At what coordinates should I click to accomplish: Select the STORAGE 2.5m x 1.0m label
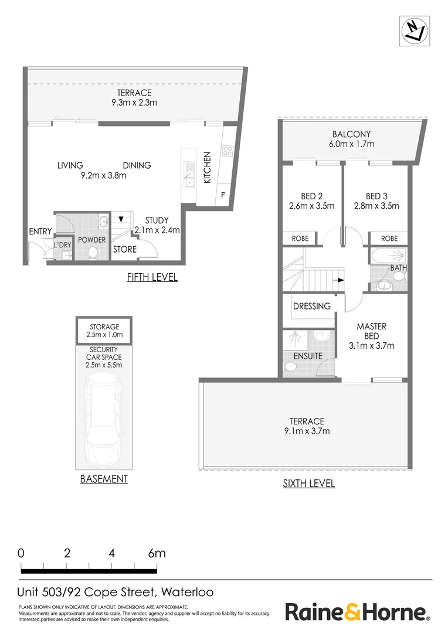(105, 331)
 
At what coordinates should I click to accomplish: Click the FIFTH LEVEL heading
(152, 277)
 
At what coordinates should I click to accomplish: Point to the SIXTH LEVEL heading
(309, 484)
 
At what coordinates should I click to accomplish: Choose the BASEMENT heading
(104, 479)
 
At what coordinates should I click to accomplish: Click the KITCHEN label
(207, 168)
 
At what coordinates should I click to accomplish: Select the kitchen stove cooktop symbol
(227, 151)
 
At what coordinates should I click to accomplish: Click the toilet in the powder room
(92, 253)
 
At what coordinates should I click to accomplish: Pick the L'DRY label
(62, 245)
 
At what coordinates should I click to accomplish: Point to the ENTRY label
(40, 232)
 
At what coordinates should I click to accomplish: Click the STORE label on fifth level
(125, 250)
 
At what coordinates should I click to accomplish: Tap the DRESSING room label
(312, 306)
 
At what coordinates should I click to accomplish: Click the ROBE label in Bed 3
(389, 239)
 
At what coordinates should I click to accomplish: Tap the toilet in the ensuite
(290, 367)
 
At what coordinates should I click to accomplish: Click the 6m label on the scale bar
(157, 553)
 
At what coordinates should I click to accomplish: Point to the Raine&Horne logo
(357, 612)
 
